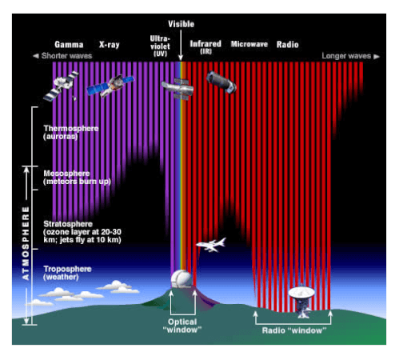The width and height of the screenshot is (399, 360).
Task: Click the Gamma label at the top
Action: click(69, 44)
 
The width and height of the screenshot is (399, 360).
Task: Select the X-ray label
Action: click(110, 45)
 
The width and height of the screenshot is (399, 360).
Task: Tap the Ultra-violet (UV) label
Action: click(160, 46)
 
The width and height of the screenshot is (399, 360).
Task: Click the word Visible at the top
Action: click(181, 24)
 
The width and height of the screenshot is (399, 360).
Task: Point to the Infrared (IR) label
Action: click(205, 47)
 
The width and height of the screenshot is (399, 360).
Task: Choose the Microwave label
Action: click(249, 44)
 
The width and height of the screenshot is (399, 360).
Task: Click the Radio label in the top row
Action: click(287, 44)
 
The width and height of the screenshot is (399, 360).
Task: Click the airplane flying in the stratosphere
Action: click(211, 245)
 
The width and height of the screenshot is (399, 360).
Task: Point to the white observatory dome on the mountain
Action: click(182, 278)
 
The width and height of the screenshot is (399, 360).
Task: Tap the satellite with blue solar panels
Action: click(110, 85)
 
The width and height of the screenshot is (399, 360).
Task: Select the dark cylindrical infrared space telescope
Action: click(221, 82)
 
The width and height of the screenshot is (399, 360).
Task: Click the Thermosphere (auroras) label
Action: click(71, 132)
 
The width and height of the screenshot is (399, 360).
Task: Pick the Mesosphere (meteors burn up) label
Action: click(77, 178)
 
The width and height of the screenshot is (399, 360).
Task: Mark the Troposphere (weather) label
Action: click(67, 273)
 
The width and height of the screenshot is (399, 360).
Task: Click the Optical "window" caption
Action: click(182, 326)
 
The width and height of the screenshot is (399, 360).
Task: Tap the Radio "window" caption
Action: click(294, 330)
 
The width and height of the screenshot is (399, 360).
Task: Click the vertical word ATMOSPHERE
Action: click(26, 243)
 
